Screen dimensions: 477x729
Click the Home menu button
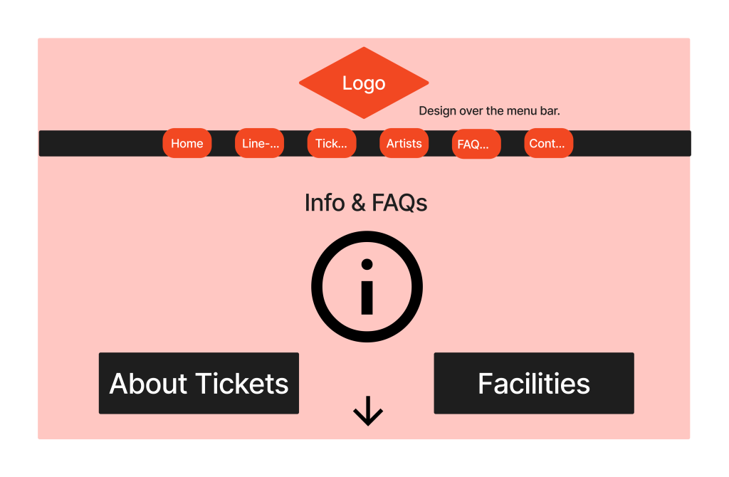[187, 143]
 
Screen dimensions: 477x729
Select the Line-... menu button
[260, 143]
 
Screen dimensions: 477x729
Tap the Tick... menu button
[332, 143]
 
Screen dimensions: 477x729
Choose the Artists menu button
[404, 143]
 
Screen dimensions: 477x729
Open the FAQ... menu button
[476, 144]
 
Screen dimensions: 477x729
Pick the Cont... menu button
[548, 143]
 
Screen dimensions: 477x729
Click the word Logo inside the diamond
[364, 83]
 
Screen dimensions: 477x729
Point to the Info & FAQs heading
[365, 203]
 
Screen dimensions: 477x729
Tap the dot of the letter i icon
[367, 265]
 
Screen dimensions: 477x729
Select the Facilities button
[534, 383]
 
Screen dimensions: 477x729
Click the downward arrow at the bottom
[368, 411]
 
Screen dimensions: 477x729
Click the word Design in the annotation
[438, 111]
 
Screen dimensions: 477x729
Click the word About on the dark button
[149, 384]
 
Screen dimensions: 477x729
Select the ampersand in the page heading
[358, 203]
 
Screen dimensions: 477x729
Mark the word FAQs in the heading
[399, 203]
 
